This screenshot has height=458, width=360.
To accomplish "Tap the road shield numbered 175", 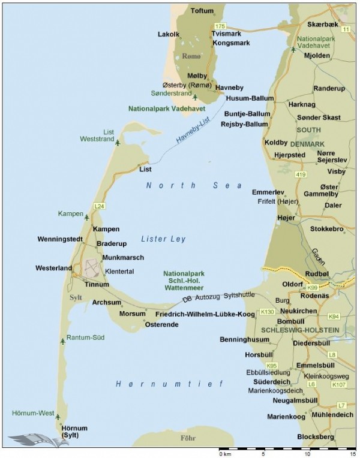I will (220, 26).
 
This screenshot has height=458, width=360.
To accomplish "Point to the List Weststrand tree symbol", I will (118, 143).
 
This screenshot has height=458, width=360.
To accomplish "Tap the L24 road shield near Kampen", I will (100, 206).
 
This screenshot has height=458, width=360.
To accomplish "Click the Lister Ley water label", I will (163, 239).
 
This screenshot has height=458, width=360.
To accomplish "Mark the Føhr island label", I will (188, 439).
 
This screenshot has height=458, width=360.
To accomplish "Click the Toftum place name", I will (202, 11).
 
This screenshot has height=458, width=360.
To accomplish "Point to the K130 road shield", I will (268, 312).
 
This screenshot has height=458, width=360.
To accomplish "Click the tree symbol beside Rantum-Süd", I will (62, 341).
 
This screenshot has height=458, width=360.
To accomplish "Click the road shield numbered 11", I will (346, 29).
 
